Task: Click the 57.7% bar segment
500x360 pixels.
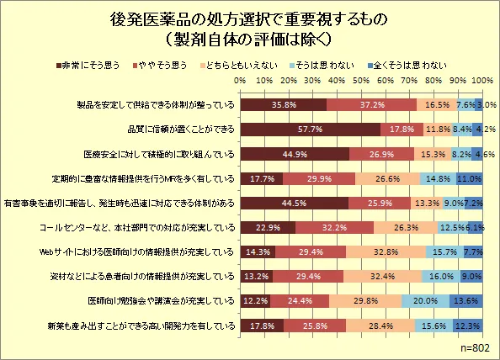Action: pyautogui.click(x=311, y=130)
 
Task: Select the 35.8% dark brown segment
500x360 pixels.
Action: pyautogui.click(x=284, y=105)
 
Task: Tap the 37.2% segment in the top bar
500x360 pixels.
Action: pyautogui.click(x=372, y=105)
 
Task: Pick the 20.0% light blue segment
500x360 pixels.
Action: pyautogui.click(x=425, y=301)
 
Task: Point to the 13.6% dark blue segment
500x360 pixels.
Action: pyautogui.click(x=466, y=301)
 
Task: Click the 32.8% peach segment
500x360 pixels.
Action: pyautogui.click(x=386, y=252)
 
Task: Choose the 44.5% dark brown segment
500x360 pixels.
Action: pyautogui.click(x=295, y=203)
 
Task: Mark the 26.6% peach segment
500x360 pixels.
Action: pyautogui.click(x=387, y=178)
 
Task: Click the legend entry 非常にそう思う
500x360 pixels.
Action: pyautogui.click(x=88, y=66)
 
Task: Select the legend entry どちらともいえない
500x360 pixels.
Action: pyautogui.click(x=238, y=66)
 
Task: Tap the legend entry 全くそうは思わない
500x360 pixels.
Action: pyautogui.click(x=407, y=66)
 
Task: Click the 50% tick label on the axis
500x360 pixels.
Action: pyautogui.click(x=361, y=80)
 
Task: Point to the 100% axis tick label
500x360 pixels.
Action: pyautogui.click(x=482, y=80)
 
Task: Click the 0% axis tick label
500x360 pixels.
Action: pyautogui.click(x=240, y=80)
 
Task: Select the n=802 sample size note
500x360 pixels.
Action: pyautogui.click(x=475, y=348)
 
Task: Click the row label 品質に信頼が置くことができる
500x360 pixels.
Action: pyautogui.click(x=181, y=130)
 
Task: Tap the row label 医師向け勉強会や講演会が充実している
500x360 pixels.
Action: pyautogui.click(x=161, y=301)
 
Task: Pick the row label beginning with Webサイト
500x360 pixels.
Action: pyautogui.click(x=137, y=252)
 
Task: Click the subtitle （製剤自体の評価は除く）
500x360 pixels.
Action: pyautogui.click(x=248, y=40)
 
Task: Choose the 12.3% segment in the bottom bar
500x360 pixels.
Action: pyautogui.click(x=468, y=326)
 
